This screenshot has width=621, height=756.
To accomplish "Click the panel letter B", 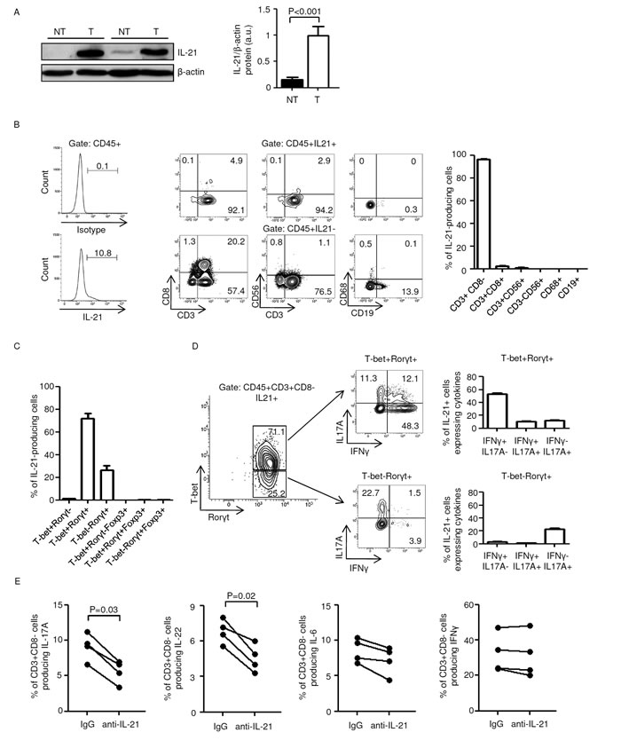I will (x=9, y=137).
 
